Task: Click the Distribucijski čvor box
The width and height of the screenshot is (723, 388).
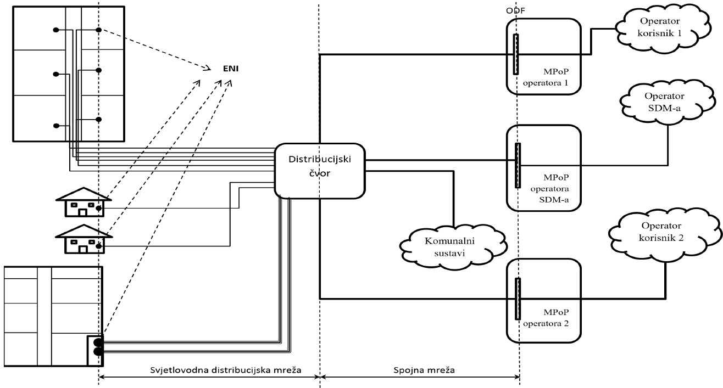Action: pos(320,170)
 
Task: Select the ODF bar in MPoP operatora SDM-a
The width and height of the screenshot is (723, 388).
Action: pos(517,165)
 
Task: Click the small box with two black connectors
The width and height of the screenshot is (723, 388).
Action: pos(94,349)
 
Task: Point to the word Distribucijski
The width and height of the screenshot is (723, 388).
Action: pos(320,159)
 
